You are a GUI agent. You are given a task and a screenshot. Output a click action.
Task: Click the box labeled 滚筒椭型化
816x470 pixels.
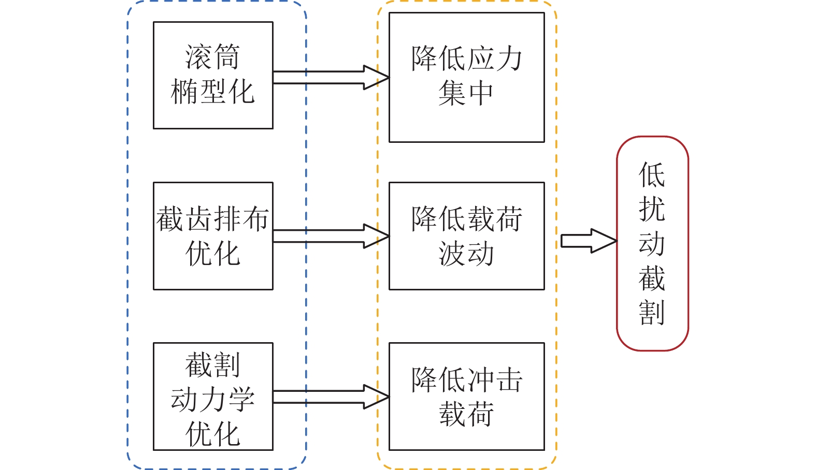[x=213, y=75]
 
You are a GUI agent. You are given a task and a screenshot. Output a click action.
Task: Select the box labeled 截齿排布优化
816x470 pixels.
[x=213, y=236]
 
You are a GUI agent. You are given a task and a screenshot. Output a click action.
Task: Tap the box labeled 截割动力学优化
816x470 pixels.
[x=213, y=396]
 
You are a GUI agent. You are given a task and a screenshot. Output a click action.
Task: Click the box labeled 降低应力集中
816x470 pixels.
[x=466, y=77]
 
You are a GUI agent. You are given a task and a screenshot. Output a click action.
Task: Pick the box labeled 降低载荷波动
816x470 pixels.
[x=466, y=236]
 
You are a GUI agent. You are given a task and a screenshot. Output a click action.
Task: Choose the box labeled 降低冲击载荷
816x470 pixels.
[x=466, y=396]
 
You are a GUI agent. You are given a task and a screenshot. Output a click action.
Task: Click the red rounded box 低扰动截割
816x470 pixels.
[x=652, y=243]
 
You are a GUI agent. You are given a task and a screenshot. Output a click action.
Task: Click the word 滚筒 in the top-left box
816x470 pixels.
[x=212, y=56]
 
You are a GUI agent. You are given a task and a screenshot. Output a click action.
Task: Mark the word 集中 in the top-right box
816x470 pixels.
[x=466, y=94]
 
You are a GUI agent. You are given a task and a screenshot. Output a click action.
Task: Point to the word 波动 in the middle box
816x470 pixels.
[x=466, y=254]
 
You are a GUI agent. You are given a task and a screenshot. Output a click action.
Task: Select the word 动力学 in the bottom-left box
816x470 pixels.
[x=212, y=400]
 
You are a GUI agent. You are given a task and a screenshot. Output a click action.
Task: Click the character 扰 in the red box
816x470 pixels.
[x=652, y=209]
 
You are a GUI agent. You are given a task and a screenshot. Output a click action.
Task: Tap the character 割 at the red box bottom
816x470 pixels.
[x=652, y=312]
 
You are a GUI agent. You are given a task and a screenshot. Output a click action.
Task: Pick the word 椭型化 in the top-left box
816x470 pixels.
[x=212, y=92]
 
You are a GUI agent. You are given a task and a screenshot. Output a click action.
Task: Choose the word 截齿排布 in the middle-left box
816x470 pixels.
[x=212, y=218]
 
